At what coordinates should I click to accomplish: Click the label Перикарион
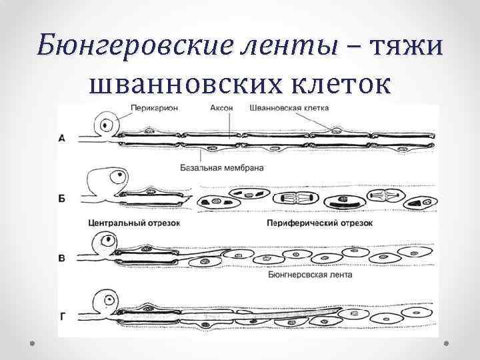pos(154,108)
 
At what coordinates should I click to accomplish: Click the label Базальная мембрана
pos(221,168)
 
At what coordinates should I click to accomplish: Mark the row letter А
pos(62,139)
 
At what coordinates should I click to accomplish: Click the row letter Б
pos(62,199)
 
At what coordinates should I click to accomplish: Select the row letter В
pos(62,257)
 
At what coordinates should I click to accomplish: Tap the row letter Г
pos(63,315)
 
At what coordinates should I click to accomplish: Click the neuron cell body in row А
pos(106,125)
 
